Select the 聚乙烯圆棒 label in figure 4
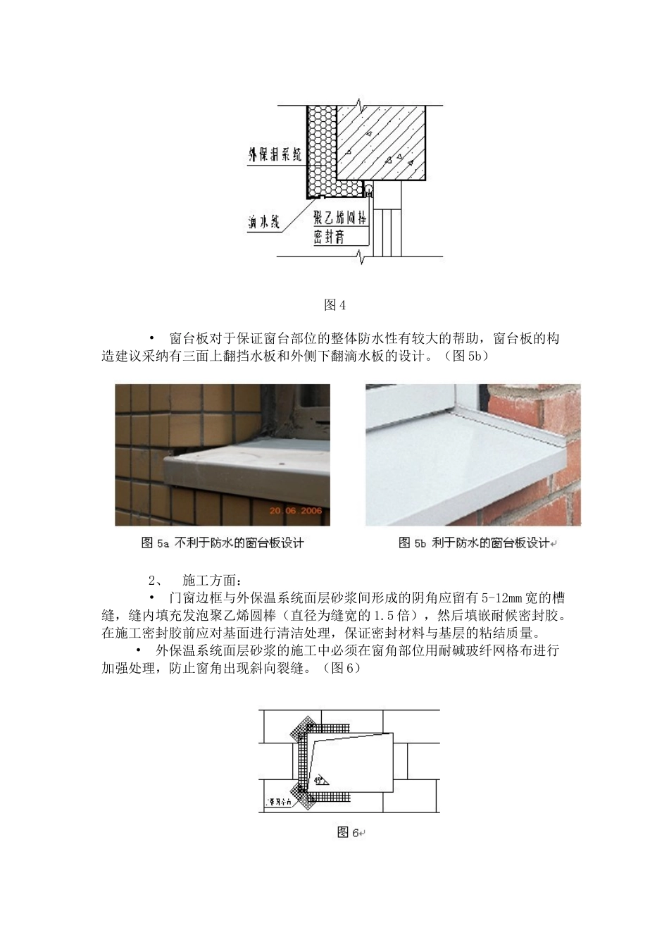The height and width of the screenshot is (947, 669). pyautogui.click(x=340, y=217)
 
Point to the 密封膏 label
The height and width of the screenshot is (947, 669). pyautogui.click(x=330, y=238)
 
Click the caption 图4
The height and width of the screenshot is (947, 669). pyautogui.click(x=334, y=305)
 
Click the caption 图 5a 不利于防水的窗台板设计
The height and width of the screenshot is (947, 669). pyautogui.click(x=223, y=543)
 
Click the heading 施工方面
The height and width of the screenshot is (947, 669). pyautogui.click(x=211, y=581)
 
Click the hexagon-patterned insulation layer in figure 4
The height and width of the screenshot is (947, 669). pyautogui.click(x=322, y=148)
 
